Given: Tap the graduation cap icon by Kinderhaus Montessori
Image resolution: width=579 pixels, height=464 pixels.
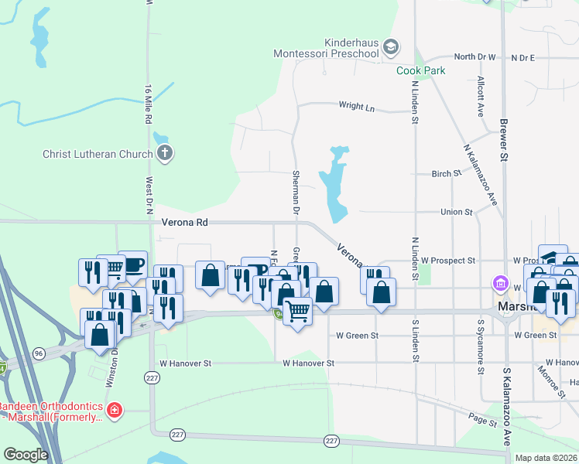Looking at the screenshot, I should coord(391,48).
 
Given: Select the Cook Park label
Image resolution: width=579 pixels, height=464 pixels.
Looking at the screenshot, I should coord(421,70).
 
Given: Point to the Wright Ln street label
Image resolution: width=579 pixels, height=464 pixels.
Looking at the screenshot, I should coord(356,106).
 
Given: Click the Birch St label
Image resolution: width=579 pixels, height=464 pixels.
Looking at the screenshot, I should coord(447,174).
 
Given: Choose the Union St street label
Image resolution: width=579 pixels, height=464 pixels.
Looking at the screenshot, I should coord(456,212).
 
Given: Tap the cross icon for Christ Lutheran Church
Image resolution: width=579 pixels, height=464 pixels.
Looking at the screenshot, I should coord(163,153).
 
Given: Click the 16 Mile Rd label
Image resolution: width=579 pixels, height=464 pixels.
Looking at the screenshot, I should coord(147,101).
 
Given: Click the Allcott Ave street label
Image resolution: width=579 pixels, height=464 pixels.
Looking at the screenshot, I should coord(481,96).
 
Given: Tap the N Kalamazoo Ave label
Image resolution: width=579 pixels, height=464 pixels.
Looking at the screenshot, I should coord(480,173).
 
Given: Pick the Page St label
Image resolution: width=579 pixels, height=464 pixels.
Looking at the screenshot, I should coord(482,421).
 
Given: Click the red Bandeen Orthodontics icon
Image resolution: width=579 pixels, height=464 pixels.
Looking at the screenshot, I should coord(114,409).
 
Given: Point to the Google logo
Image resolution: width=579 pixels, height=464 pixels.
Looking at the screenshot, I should coord(26,455).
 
